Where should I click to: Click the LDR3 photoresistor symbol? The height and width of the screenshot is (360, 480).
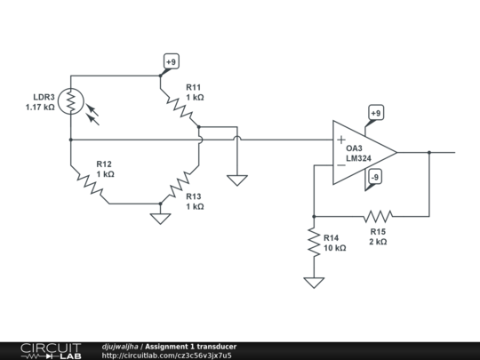(69, 100)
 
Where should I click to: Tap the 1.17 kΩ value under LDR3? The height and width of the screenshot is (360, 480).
(41, 108)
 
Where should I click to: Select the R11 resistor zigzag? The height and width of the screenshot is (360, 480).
(181, 108)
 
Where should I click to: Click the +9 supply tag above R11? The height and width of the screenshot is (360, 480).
(171, 62)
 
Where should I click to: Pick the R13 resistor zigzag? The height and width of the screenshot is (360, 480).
(180, 184)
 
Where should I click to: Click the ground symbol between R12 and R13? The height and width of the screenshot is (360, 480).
(159, 216)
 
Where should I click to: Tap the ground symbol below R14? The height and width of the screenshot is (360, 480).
(313, 282)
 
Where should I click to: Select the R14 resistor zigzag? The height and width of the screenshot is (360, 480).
(313, 242)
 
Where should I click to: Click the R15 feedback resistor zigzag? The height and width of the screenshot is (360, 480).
(378, 215)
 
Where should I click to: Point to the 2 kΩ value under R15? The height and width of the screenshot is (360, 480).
(378, 241)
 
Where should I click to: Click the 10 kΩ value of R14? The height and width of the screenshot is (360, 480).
(333, 248)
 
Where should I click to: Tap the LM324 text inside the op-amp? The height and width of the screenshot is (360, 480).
(359, 159)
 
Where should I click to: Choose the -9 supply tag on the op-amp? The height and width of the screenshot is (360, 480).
(375, 177)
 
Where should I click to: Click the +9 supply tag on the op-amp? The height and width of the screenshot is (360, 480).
(375, 114)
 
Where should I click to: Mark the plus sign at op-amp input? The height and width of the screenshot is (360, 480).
(341, 140)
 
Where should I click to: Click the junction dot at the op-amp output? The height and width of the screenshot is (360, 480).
(429, 152)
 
